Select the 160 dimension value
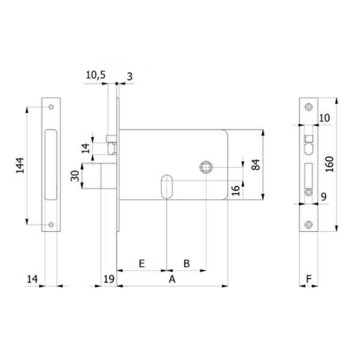pos(329,163)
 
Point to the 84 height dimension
pos(256,164)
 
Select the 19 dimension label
pos(109,278)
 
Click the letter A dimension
pos(172,279)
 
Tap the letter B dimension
pos(186,263)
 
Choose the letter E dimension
pos(142,263)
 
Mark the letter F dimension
pos(308,278)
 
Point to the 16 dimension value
pos(236,190)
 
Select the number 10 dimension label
pos(324,118)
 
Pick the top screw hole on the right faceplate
pos(308,107)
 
